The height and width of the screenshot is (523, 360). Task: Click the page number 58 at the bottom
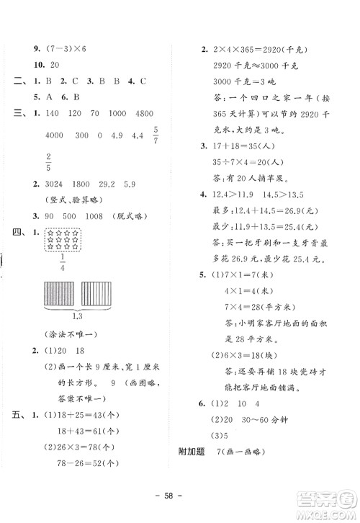tap(179, 499)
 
